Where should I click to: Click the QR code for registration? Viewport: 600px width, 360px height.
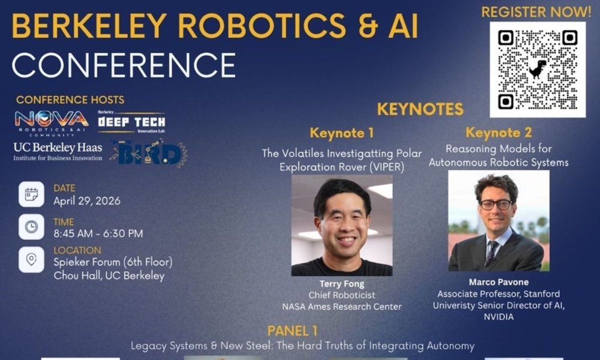(x=538, y=70)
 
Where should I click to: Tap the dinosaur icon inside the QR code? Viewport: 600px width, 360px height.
(x=538, y=69)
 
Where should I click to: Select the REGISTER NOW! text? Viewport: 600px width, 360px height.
(x=536, y=12)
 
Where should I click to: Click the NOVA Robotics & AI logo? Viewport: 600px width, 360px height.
(x=52, y=123)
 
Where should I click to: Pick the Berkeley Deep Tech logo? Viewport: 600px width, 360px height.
(x=131, y=122)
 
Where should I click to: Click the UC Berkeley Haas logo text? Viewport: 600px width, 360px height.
(x=58, y=151)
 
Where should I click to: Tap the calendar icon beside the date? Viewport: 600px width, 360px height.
(x=31, y=194)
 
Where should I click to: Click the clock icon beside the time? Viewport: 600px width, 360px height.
(x=31, y=227)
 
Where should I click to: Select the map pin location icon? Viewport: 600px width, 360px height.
(x=31, y=260)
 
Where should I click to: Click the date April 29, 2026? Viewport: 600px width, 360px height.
(x=87, y=201)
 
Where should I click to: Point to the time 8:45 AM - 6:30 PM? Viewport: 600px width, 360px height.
(x=98, y=233)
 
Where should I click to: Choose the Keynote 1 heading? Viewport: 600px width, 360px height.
(x=342, y=133)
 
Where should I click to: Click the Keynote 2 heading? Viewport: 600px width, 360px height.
(x=499, y=133)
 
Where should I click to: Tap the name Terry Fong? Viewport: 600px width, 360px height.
(x=342, y=284)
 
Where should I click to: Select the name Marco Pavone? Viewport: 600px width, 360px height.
(x=499, y=283)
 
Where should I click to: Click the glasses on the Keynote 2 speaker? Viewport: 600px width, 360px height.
(x=496, y=205)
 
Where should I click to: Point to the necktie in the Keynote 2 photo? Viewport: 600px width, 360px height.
(x=491, y=253)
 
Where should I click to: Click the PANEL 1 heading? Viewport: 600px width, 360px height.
(x=292, y=331)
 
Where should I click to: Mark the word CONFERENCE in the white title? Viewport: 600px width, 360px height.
(x=124, y=65)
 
